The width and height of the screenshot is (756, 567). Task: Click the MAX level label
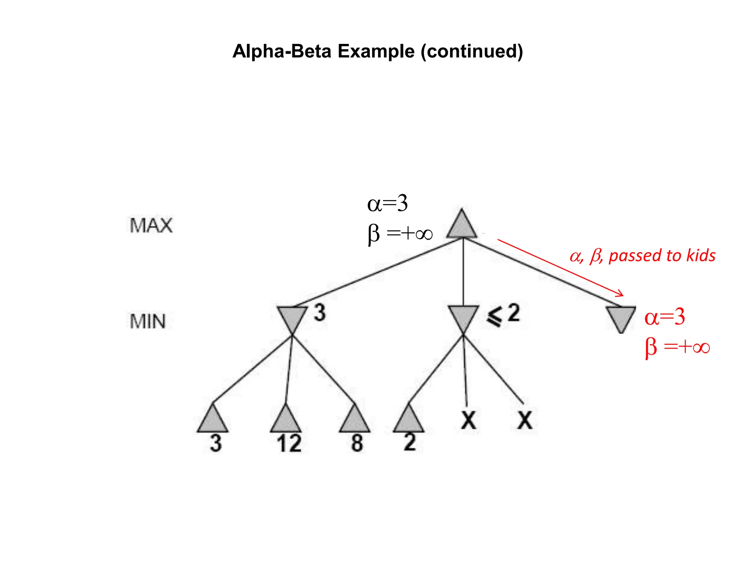tap(151, 226)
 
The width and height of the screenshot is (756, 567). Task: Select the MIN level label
tap(148, 322)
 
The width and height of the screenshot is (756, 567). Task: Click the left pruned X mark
tap(468, 420)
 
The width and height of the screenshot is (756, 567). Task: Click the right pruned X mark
tap(525, 420)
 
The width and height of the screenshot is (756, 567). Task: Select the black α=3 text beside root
tap(387, 204)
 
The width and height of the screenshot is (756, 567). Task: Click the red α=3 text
tap(664, 317)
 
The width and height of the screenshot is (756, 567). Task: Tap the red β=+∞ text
tap(677, 347)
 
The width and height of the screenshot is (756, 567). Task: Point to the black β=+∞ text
tap(400, 234)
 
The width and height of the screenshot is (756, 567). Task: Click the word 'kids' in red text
tap(701, 255)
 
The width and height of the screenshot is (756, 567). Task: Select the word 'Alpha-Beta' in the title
tap(282, 51)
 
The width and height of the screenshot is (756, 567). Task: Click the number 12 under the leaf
tap(289, 444)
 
